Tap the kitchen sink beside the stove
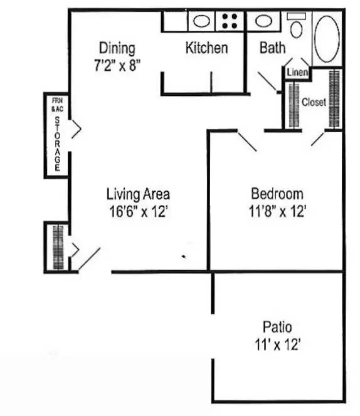coord(201,21)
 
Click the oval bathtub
coord(327,37)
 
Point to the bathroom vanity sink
coord(263,21)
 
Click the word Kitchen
coord(206,48)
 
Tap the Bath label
coord(272,48)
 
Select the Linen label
coord(297,73)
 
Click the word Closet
coord(314,102)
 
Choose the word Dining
coord(117,48)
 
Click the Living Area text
coord(138,194)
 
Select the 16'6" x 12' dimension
coord(138,211)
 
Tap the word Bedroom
coord(277,194)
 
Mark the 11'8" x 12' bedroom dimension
coord(277,211)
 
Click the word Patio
coord(277,327)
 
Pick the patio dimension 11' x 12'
coord(277,345)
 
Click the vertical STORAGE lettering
coord(57,143)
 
